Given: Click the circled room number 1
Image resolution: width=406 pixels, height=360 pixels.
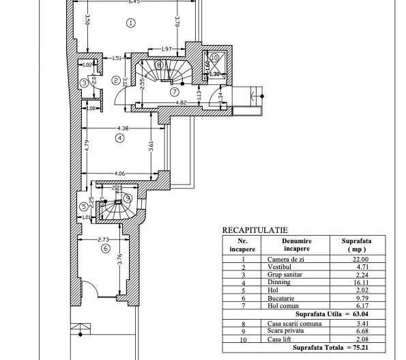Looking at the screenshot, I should (x=130, y=23).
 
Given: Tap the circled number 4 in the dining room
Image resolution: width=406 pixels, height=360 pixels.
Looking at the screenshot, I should (x=120, y=137).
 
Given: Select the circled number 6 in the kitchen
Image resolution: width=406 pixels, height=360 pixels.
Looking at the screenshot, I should (x=105, y=249).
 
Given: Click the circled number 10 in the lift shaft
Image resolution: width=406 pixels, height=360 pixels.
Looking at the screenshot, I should (x=215, y=58).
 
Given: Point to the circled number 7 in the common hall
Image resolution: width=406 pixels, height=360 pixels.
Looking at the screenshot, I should (x=175, y=91).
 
